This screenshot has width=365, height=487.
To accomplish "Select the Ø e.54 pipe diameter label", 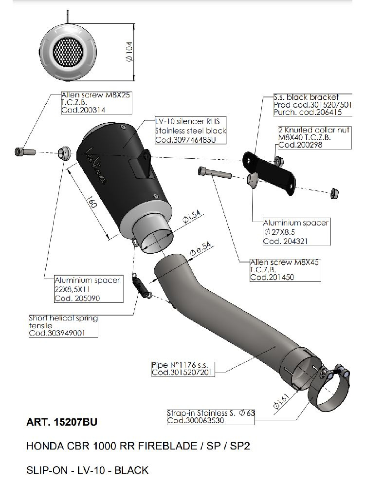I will pyautogui.click(x=200, y=253).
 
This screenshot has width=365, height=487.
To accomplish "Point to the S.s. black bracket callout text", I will pyautogui.click(x=307, y=97).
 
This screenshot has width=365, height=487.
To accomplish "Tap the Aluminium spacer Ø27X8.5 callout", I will pyautogui.click(x=295, y=231).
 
